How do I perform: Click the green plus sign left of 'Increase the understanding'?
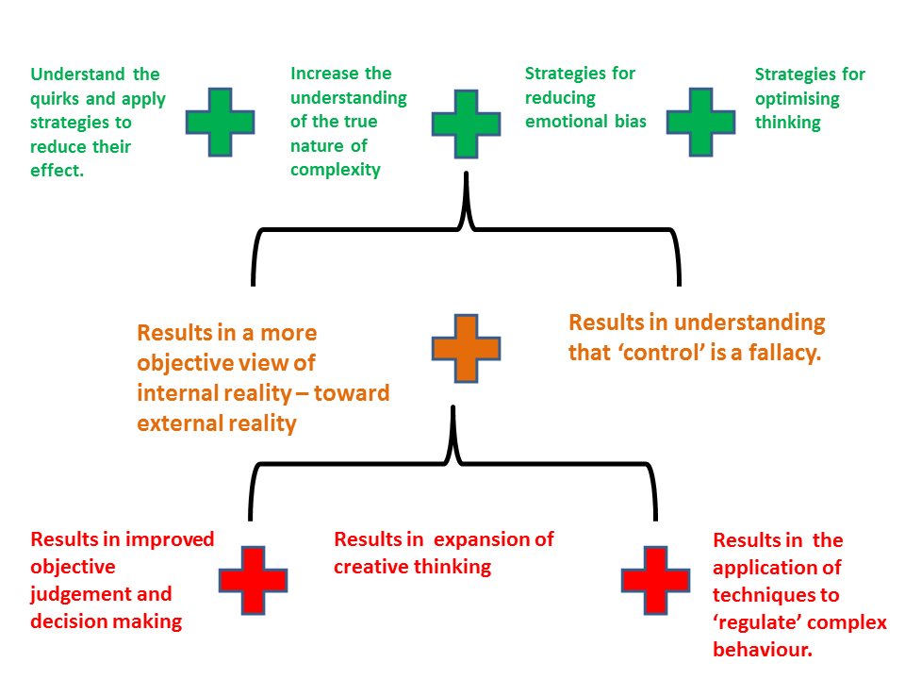click(220, 122)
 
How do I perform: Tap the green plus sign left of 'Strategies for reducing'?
click(466, 124)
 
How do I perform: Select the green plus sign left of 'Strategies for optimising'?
click(700, 122)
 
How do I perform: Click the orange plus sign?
click(466, 348)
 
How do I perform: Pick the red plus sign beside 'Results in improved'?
click(253, 579)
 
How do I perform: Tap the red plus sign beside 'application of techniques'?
click(655, 579)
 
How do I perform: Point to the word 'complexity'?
click(336, 170)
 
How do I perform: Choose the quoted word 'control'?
click(654, 353)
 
